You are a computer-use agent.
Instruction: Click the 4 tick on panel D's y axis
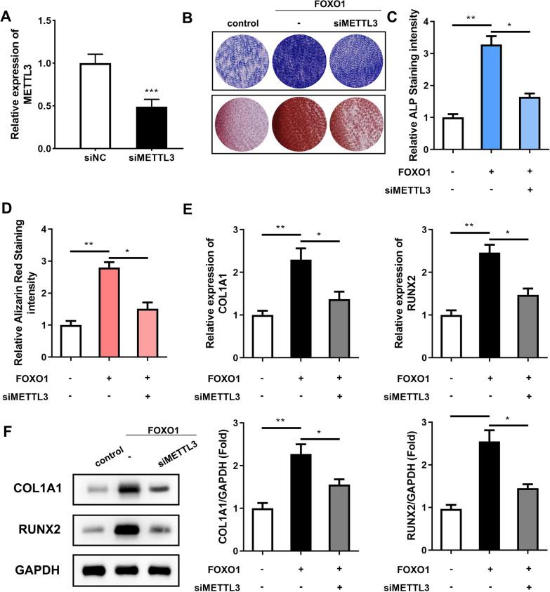pyautogui.click(x=44, y=230)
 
